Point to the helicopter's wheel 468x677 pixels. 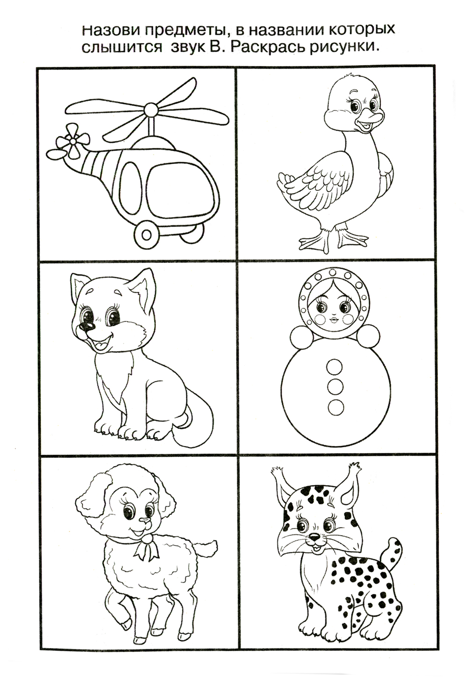pos(146,233)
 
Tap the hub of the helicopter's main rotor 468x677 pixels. pos(150,109)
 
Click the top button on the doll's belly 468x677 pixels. pos(335,365)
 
